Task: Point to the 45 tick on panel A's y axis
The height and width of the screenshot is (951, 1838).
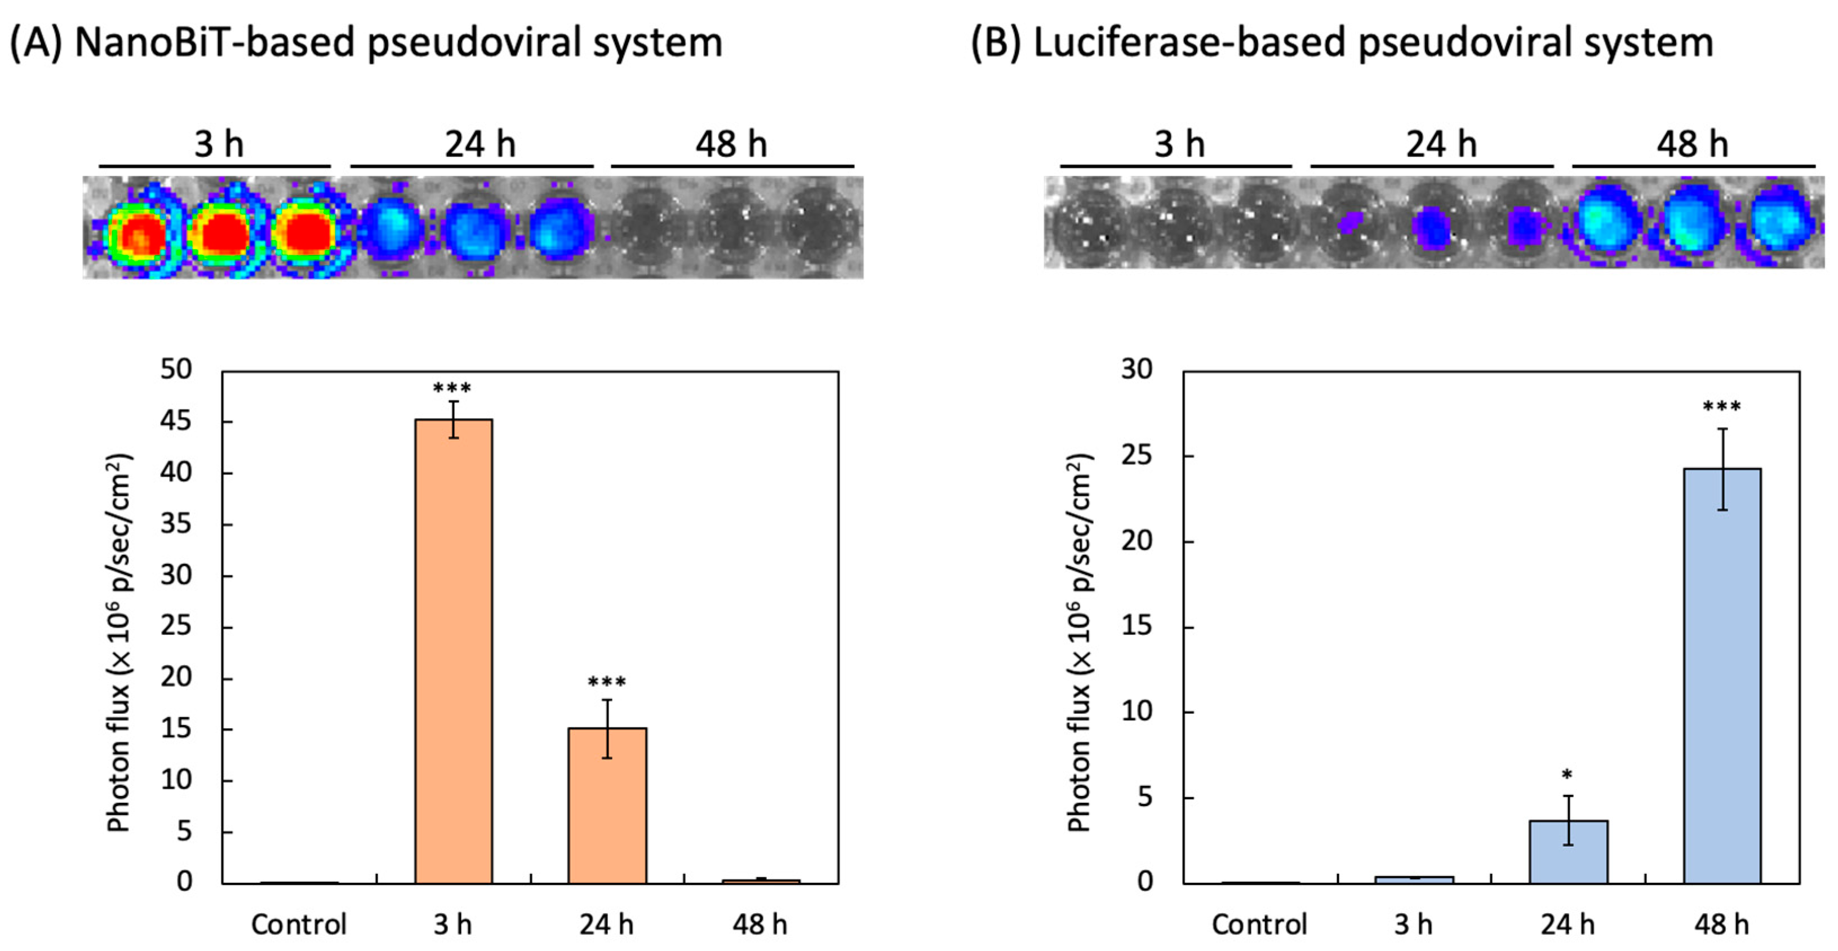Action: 176,421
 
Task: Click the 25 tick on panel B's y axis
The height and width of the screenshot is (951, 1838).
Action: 1136,455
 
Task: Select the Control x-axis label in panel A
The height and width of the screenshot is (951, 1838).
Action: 298,925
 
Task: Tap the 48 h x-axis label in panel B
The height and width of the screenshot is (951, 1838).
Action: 1722,925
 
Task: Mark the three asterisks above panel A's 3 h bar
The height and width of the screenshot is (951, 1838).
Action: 452,389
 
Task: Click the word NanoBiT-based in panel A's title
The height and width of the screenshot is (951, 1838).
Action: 214,43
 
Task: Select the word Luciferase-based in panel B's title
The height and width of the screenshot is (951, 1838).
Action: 1188,43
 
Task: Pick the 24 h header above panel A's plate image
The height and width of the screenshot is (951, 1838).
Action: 480,145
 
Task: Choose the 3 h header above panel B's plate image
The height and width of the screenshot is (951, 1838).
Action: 1179,145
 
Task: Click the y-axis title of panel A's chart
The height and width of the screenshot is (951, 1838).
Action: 118,642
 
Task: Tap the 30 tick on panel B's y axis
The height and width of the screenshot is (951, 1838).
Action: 1136,370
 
